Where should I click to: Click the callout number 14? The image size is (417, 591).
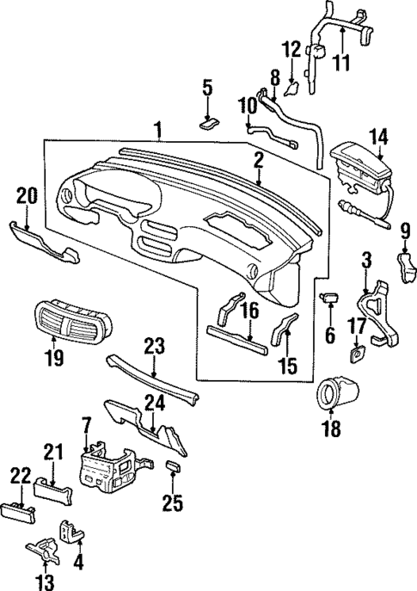(379, 135)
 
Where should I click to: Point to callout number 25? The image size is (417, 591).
(173, 502)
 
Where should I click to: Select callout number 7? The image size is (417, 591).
(86, 425)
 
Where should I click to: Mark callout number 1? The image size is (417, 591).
(158, 131)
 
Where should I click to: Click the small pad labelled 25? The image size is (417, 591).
(173, 467)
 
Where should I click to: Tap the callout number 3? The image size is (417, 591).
(366, 258)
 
